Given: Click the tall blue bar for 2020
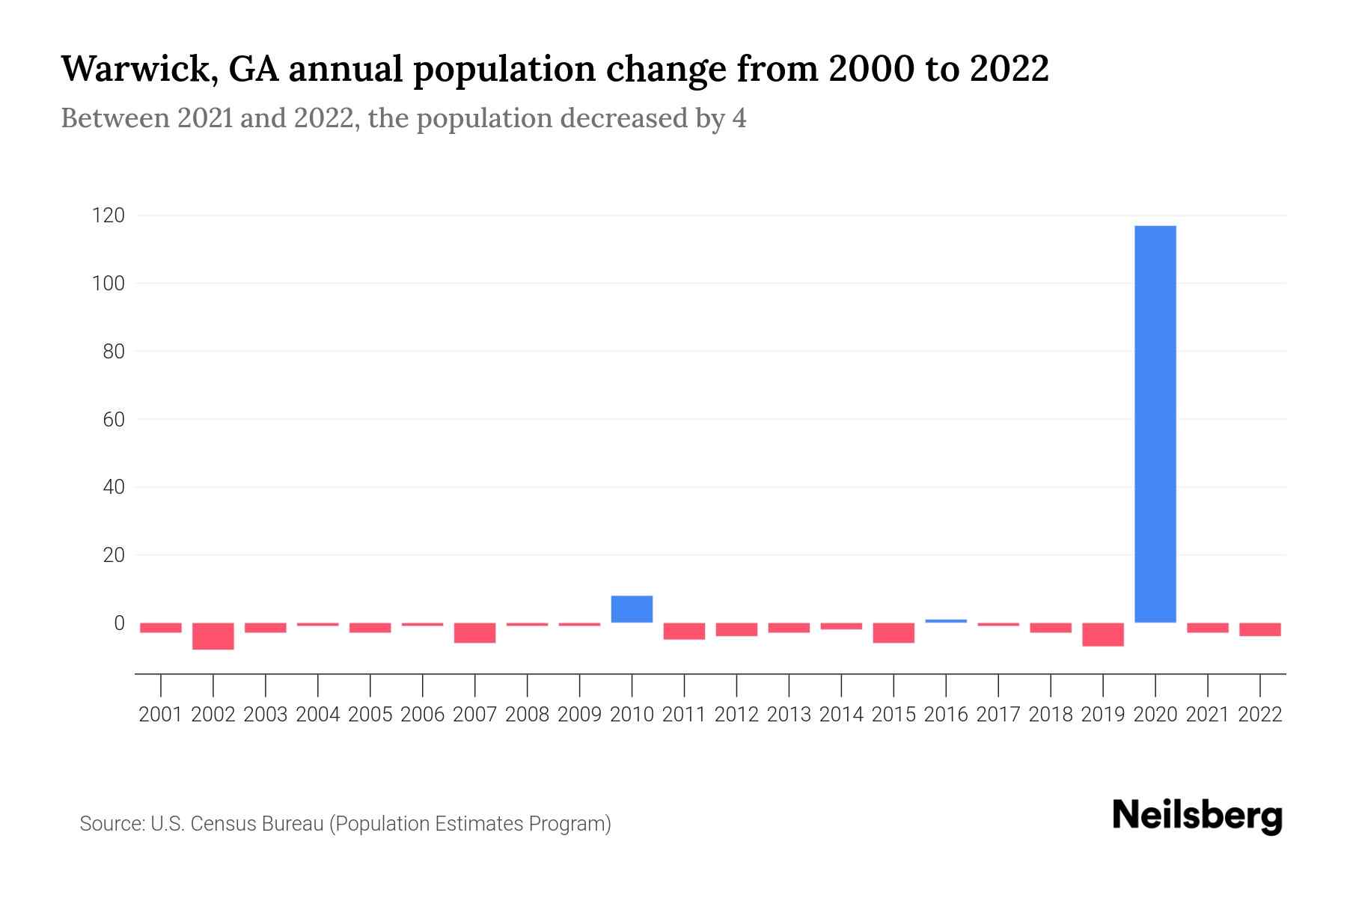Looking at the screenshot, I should click(x=1155, y=424).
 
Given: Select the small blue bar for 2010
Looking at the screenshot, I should click(x=632, y=609).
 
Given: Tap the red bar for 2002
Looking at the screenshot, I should click(x=213, y=636).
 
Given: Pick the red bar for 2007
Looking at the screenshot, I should click(x=474, y=633).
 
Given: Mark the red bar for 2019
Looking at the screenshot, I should click(x=1103, y=635).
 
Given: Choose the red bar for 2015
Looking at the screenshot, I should click(x=894, y=633).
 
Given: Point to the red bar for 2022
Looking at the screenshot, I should click(x=1260, y=629).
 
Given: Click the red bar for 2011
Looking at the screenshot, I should click(x=684, y=631).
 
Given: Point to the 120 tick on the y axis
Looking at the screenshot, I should click(x=108, y=216).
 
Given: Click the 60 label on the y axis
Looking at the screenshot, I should click(x=114, y=420).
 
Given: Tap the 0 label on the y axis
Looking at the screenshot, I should click(x=119, y=623).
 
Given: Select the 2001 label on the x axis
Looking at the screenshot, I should click(x=161, y=715).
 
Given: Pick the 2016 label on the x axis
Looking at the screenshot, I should click(x=946, y=715).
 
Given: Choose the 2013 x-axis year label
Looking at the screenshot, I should click(x=789, y=715).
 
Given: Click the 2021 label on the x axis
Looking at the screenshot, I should click(x=1208, y=715).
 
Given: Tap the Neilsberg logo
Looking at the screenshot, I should click(x=1197, y=816).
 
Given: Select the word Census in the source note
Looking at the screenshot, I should click(x=222, y=824).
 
